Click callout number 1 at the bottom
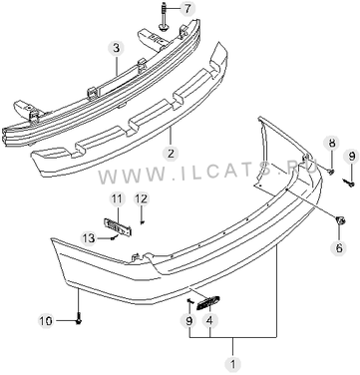[232, 364]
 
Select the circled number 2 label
[171, 154]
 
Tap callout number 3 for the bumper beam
[116, 49]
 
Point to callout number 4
[209, 321]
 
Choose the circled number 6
[339, 247]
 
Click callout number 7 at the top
[187, 9]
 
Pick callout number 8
[332, 143]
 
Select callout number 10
[46, 321]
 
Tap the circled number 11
[117, 199]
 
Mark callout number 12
[141, 199]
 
